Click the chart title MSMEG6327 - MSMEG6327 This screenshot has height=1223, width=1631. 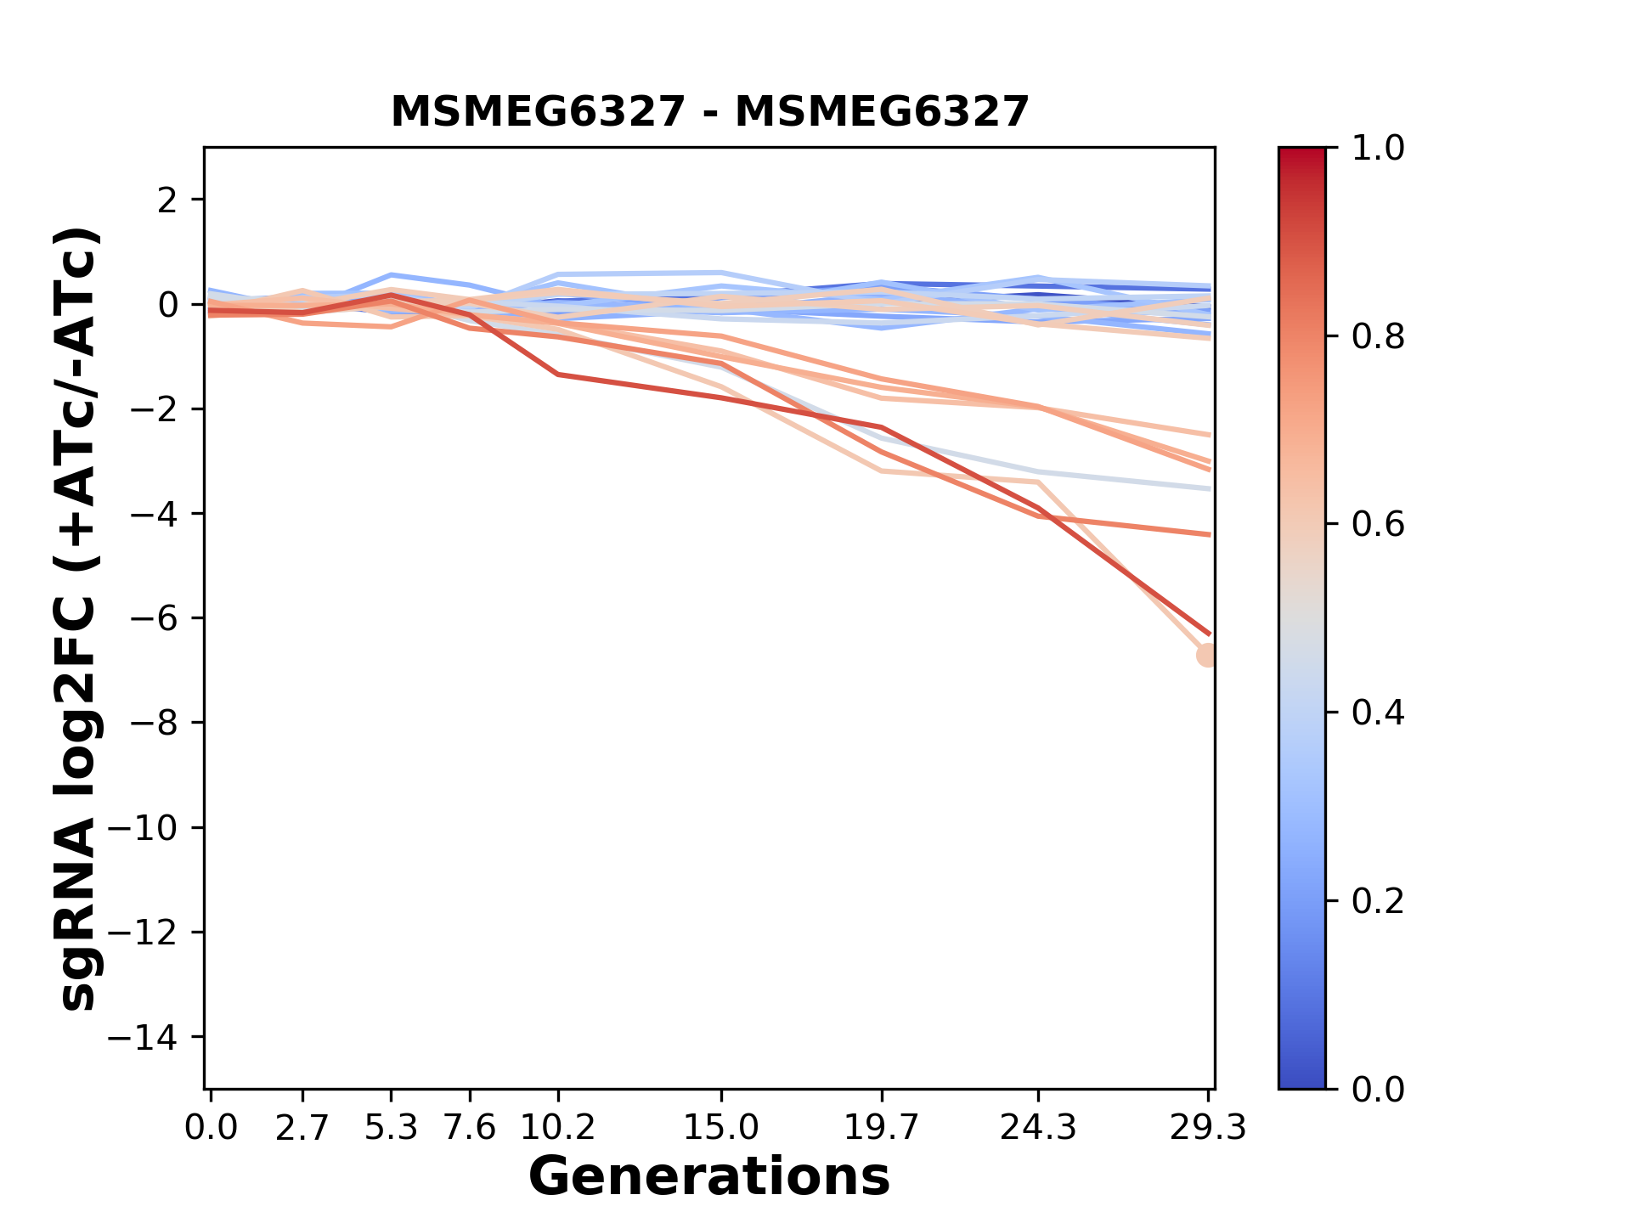(709, 112)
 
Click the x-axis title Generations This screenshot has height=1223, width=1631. (709, 1177)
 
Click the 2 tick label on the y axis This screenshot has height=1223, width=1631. (168, 200)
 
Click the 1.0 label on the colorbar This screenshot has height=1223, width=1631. (1378, 149)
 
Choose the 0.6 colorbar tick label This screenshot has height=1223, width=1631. (1378, 525)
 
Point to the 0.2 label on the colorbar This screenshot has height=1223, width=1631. (1378, 901)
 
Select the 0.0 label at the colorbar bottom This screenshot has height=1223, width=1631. (1378, 1089)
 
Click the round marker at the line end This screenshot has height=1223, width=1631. (1207, 655)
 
